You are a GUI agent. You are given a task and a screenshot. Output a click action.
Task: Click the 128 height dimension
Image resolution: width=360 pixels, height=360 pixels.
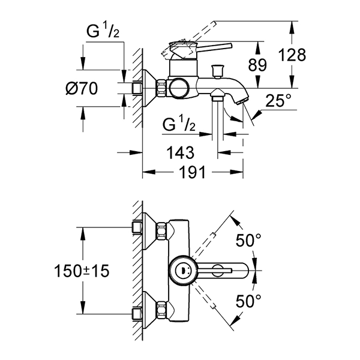(292, 55)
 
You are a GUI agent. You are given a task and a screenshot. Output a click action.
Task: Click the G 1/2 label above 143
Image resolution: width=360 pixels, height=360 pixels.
(179, 124)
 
